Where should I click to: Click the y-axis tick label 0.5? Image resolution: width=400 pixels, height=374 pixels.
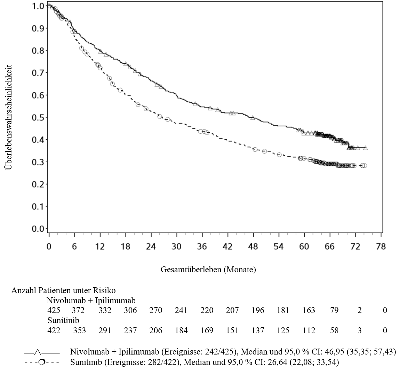[38, 117]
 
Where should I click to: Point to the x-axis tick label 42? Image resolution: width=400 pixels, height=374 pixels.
[227, 246]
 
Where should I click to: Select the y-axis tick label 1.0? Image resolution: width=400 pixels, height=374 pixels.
[38, 6]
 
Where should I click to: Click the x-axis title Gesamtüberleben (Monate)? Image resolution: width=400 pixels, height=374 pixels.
[208, 269]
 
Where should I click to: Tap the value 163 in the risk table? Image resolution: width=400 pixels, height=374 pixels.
[309, 310]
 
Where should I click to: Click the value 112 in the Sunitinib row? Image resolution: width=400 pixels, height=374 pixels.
[309, 330]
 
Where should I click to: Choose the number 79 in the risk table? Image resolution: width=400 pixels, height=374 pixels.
[334, 310]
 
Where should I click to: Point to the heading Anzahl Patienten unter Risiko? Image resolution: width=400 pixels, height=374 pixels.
[63, 290]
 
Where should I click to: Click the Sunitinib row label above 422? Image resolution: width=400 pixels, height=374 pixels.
[63, 320]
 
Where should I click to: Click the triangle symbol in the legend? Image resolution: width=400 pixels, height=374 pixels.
[38, 352]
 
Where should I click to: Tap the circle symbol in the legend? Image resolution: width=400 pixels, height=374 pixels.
[41, 362]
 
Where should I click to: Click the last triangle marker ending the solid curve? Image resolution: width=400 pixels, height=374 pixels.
[365, 148]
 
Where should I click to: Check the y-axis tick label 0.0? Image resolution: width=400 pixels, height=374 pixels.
[38, 229]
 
